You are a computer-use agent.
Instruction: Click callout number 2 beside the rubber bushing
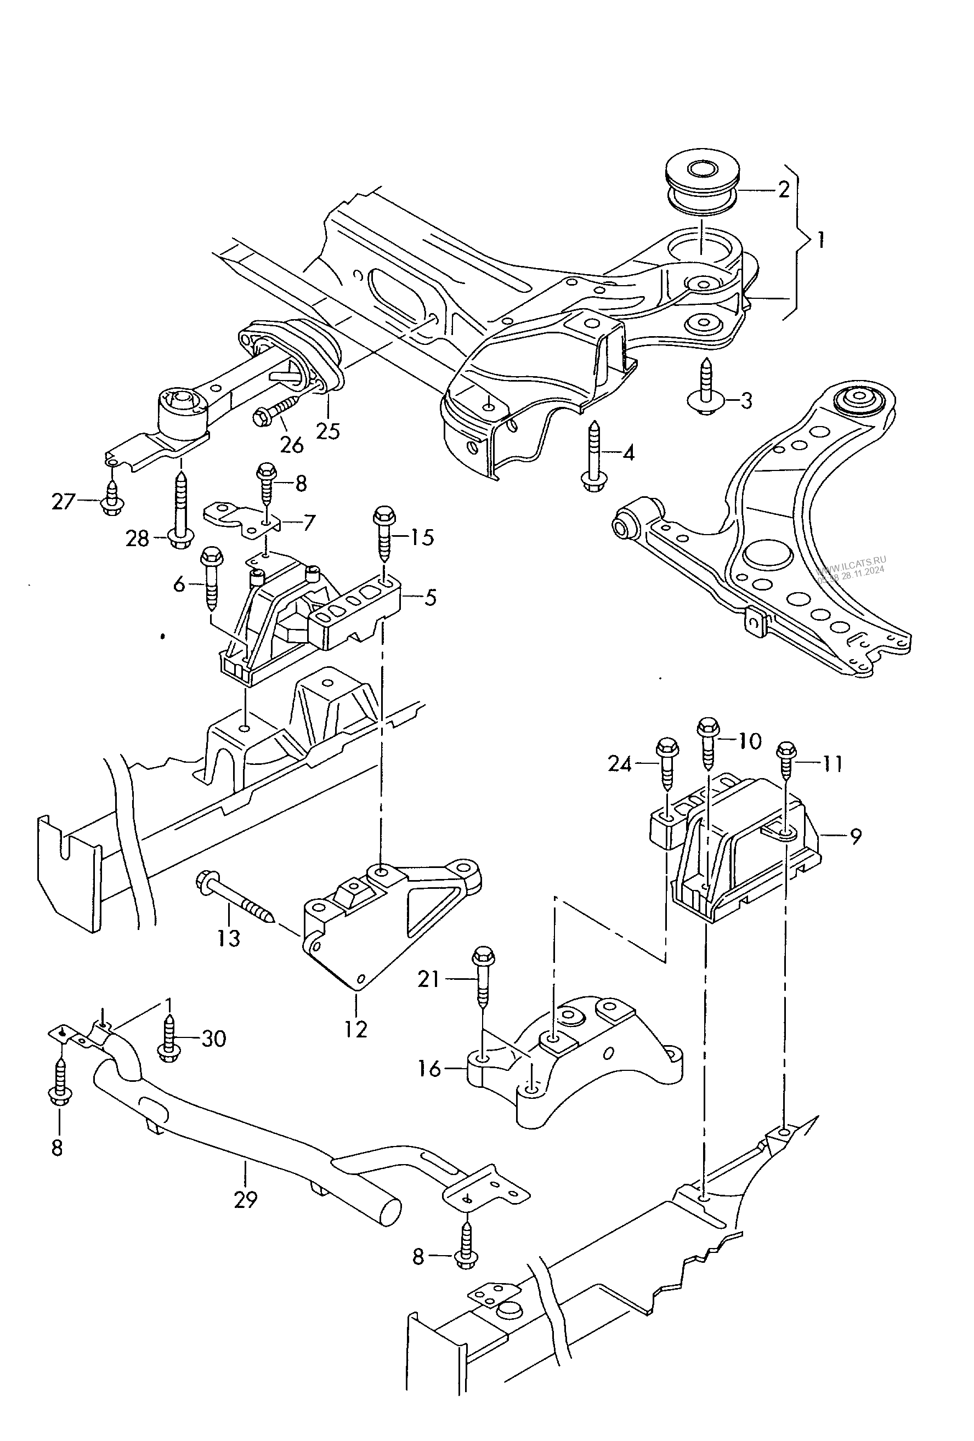[783, 190]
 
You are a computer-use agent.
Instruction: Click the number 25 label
[328, 430]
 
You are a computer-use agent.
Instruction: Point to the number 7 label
[308, 522]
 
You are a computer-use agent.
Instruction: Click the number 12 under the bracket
[356, 1030]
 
